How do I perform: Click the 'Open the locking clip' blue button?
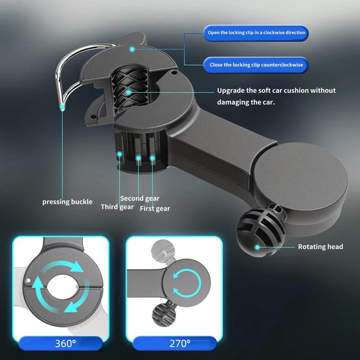(256, 33)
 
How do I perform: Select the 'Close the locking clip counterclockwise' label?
(256, 65)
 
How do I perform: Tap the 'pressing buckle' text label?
(67, 202)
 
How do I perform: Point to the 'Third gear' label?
(117, 207)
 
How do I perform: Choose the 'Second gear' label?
(139, 198)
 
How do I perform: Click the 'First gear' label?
(155, 208)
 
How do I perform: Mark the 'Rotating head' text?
(320, 247)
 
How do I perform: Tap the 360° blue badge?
(66, 344)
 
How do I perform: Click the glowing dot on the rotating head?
(257, 247)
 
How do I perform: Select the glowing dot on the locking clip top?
(132, 49)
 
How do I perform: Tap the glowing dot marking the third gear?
(120, 154)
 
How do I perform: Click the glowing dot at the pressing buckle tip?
(62, 107)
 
